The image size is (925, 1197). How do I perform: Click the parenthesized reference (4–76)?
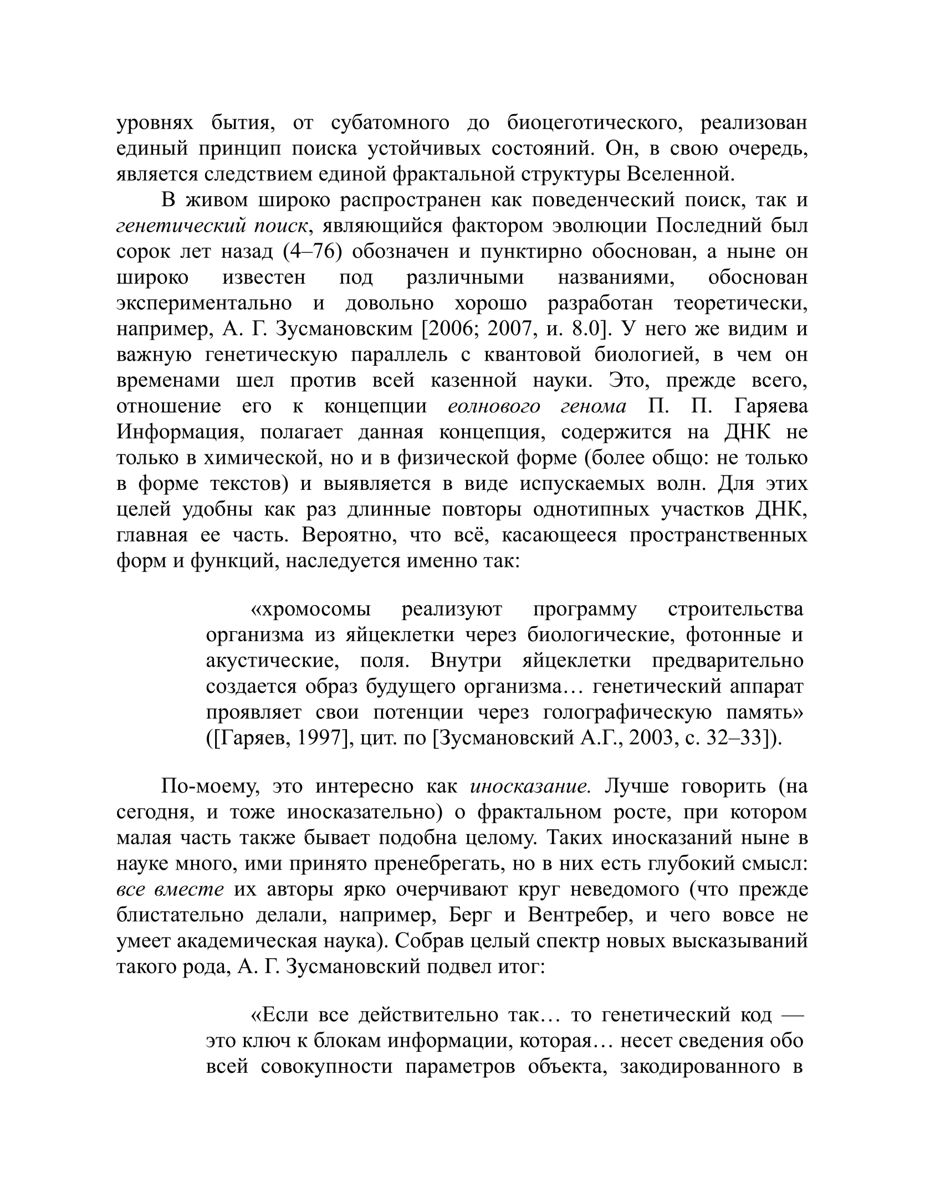coord(312,252)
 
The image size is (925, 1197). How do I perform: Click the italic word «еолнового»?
coord(493,406)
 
